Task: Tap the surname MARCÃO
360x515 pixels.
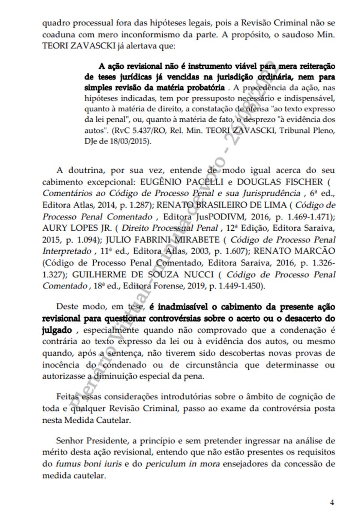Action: (313, 251)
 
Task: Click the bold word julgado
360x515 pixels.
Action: (57, 330)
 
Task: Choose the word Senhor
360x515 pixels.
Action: (70, 440)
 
